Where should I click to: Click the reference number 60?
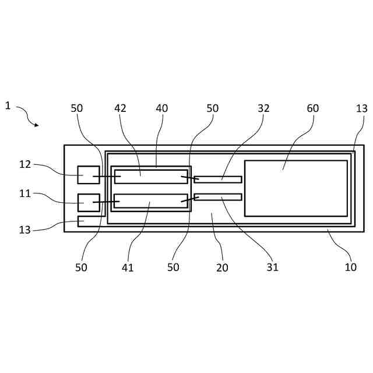313,108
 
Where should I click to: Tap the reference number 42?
120,108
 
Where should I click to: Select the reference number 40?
161,108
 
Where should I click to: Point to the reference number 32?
263,108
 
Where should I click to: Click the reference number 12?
24,164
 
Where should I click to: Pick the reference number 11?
24,193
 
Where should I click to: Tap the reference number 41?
128,268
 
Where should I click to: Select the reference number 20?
222,268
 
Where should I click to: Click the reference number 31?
272,268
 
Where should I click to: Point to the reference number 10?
350,268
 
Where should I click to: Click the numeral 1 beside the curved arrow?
8,105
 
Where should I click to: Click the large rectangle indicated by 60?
295,188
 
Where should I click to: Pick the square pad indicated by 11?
89,202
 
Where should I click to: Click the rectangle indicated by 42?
151,177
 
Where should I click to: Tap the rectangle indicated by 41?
151,200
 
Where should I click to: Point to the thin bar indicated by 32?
218,180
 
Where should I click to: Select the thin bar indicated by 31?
218,197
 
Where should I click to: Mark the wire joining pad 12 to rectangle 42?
107,176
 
